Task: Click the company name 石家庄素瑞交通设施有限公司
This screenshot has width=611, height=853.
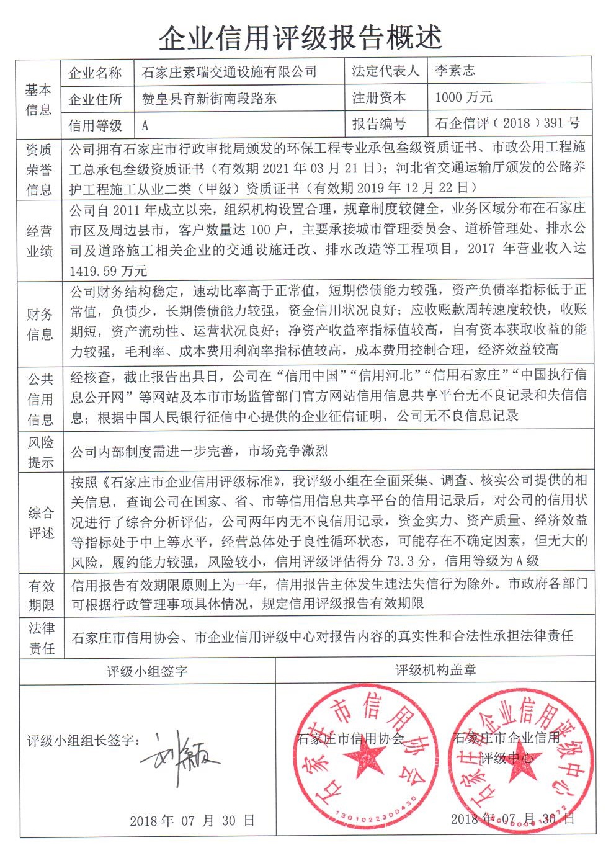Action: pos(230,72)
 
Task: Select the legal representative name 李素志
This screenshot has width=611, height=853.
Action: pos(455,71)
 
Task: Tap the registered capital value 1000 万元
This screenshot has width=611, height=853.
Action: pos(463,97)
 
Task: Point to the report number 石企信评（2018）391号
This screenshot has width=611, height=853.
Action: pos(507,123)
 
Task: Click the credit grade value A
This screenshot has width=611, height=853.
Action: pos(145,125)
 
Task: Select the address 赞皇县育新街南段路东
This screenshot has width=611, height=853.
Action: pos(209,99)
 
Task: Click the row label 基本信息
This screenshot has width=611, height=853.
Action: pos(38,99)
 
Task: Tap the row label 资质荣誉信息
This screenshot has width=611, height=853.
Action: pos(38,169)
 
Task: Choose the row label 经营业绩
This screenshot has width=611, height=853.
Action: pos(39,241)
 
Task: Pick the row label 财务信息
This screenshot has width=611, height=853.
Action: pos(39,324)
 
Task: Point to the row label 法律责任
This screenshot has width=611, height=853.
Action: pos(42,638)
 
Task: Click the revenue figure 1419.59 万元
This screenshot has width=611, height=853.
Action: pos(109,270)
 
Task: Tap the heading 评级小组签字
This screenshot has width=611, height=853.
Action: pos(147,671)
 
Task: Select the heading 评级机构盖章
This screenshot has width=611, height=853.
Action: pos(435,670)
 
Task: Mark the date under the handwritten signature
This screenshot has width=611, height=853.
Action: pos(192,820)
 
